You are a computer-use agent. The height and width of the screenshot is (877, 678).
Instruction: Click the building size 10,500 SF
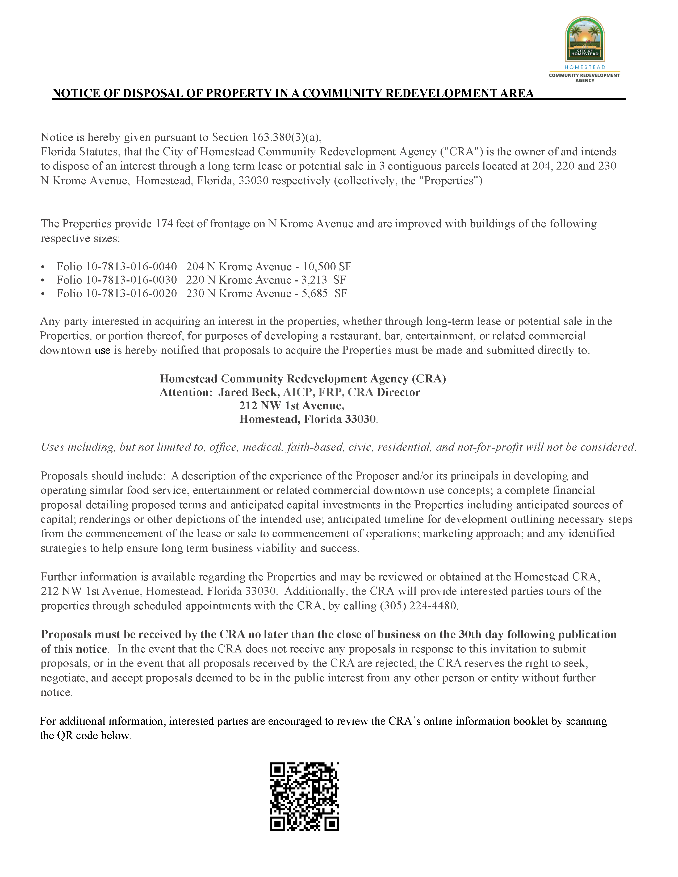point(327,267)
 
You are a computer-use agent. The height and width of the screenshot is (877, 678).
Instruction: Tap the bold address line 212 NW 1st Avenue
point(292,406)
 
